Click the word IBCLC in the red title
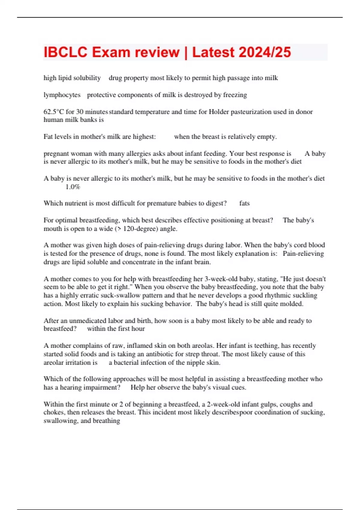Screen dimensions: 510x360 [66, 52]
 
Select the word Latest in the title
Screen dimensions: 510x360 [213, 52]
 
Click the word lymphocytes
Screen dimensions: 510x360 [62, 95]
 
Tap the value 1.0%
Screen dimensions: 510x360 [73, 187]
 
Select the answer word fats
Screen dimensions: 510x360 [244, 203]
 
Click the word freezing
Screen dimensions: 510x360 [235, 95]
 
